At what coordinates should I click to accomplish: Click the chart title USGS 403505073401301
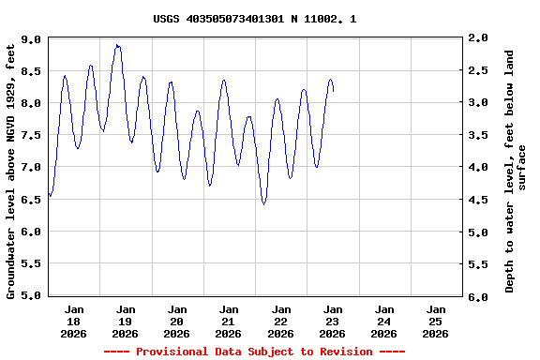point(254,19)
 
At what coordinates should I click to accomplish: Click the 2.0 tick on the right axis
point(478,37)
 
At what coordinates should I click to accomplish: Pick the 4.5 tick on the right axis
point(478,200)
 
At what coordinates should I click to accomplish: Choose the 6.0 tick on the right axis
point(478,297)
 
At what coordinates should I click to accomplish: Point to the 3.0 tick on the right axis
point(478,102)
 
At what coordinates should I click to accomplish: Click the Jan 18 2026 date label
point(73,321)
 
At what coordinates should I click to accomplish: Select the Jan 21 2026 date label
point(228,321)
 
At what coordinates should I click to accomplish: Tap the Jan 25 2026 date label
point(435,321)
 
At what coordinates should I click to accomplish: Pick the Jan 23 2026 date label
point(332,321)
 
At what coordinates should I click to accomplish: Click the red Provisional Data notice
point(254,352)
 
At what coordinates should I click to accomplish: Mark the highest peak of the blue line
point(117,44)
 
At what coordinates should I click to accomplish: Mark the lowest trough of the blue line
point(264,203)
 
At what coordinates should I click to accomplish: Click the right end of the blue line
point(333,91)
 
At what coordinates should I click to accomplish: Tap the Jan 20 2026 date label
point(176,321)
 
